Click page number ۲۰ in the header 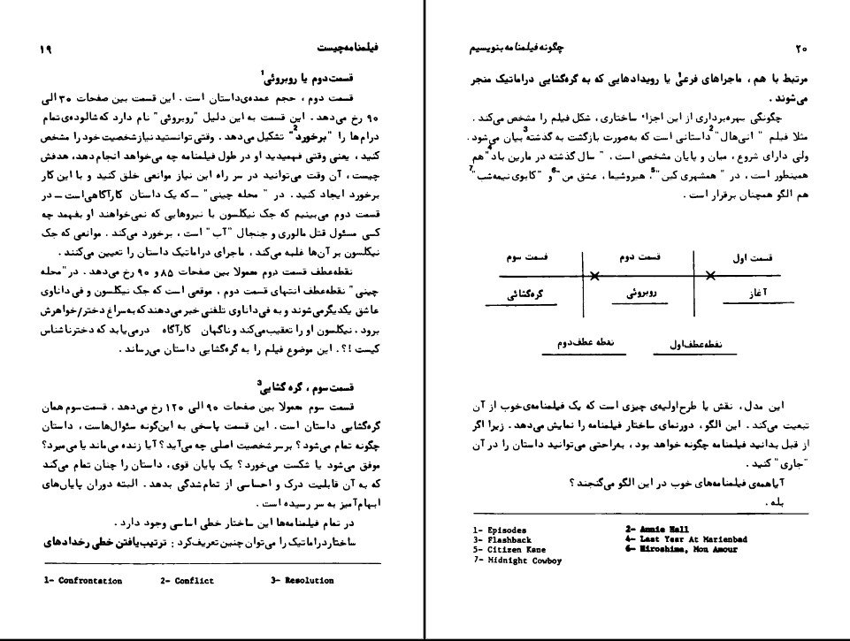point(803,47)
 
